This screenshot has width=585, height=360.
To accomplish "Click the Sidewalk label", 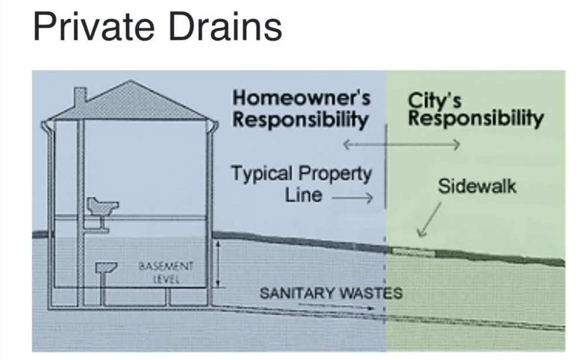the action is point(477,187).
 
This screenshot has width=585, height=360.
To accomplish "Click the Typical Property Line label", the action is point(301,183).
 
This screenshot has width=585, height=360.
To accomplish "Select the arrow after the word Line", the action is point(352,198).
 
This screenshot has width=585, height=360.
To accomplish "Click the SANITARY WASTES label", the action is point(331,292).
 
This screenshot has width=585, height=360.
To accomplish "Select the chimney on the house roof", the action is point(80,97).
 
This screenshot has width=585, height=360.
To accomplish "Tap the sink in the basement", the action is point(106,268).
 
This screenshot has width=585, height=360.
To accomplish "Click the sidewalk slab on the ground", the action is point(414,252).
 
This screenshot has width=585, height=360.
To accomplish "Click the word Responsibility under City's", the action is point(475,119).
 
